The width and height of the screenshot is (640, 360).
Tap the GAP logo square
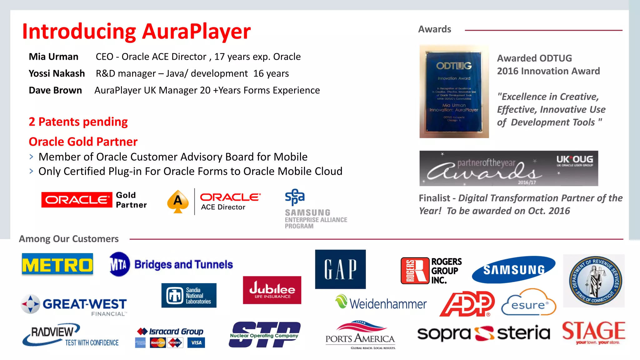click(340, 269)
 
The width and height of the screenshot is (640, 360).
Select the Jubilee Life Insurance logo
click(272, 290)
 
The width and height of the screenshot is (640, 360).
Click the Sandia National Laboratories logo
click(189, 295)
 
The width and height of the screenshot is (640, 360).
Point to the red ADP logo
click(467, 304)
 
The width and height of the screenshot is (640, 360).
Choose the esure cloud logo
click(528, 303)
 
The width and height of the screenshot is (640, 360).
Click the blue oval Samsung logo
click(514, 269)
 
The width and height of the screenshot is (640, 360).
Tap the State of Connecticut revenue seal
click(594, 281)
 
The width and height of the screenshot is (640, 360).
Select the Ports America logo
click(360, 335)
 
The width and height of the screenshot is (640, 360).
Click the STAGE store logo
click(593, 332)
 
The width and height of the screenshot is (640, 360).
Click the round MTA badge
click(119, 264)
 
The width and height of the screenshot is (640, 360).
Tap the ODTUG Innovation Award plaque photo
click(454, 91)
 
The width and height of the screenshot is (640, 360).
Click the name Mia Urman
click(53, 57)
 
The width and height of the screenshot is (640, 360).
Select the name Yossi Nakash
click(57, 73)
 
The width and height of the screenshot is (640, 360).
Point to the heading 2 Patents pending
click(78, 122)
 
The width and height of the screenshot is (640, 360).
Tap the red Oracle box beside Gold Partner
click(77, 200)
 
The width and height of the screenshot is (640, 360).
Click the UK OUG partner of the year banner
click(508, 168)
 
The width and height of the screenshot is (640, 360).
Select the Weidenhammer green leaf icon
click(341, 301)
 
